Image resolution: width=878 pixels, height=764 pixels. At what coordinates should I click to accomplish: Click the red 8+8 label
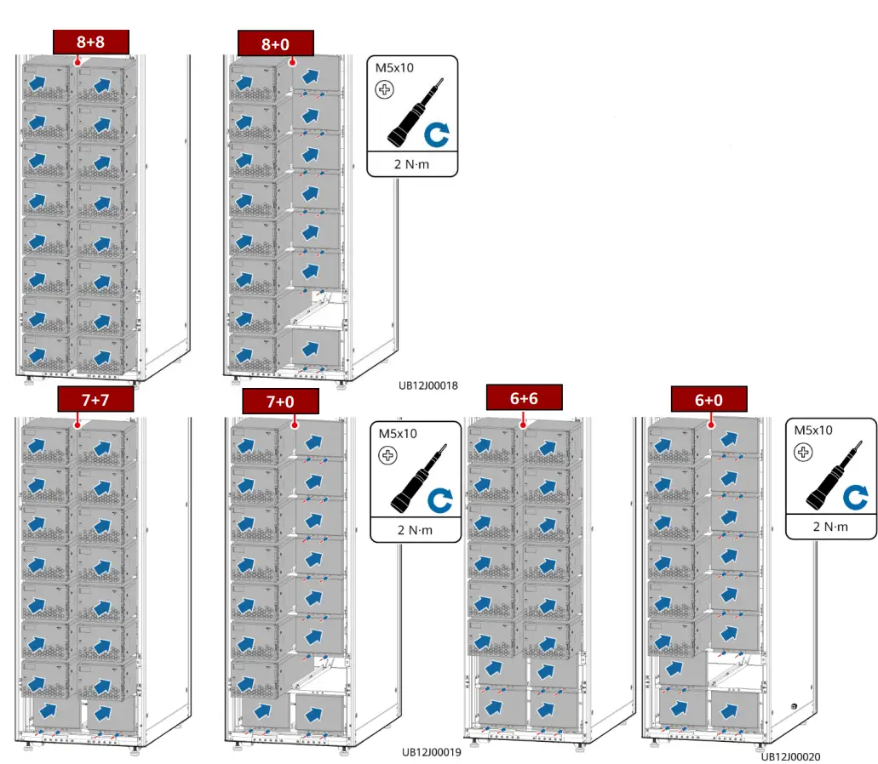point(90,41)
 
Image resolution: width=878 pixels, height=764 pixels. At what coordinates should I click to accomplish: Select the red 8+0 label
point(275,43)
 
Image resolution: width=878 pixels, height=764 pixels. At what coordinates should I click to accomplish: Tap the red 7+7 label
point(95,398)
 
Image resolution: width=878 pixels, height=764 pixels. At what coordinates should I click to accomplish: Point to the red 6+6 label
point(525,397)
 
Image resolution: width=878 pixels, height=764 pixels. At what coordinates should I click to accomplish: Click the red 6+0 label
point(709,400)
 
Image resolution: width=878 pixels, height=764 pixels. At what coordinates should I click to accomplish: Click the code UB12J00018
point(428,385)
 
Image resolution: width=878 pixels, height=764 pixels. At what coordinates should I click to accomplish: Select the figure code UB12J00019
point(432,752)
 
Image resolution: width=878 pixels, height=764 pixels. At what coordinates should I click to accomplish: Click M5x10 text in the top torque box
point(395,67)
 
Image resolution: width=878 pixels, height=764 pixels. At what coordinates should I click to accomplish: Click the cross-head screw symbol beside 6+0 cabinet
point(803,452)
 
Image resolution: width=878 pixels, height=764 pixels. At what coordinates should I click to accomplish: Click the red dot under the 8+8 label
point(77,61)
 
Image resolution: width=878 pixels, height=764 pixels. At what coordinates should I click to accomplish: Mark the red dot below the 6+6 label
point(521,417)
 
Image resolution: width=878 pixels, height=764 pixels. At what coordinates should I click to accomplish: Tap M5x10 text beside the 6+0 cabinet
point(813,430)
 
